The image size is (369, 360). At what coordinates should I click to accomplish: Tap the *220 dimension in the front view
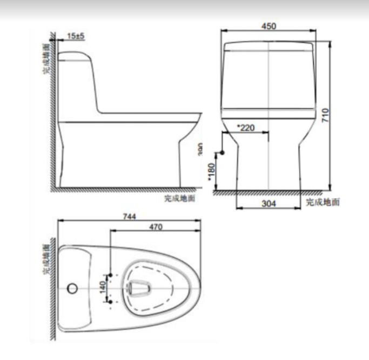pyautogui.click(x=246, y=129)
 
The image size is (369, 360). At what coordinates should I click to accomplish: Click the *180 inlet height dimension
pyautogui.click(x=212, y=171)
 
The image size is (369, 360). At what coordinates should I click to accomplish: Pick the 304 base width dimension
pyautogui.click(x=268, y=203)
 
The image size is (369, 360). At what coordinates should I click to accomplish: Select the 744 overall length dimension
pyautogui.click(x=129, y=216)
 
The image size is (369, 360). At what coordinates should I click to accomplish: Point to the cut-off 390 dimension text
pyautogui.click(x=200, y=149)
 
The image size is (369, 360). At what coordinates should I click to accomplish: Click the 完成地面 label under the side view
pyautogui.click(x=179, y=198)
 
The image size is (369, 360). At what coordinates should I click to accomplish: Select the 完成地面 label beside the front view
pyautogui.click(x=323, y=202)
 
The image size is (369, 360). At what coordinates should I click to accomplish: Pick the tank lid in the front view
pyautogui.click(x=269, y=46)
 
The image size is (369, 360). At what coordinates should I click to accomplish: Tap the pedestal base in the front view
pyautogui.click(x=269, y=168)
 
